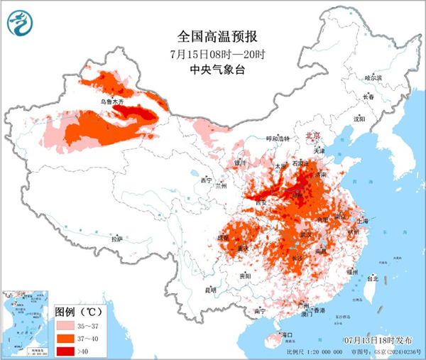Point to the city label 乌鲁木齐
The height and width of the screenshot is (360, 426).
point(111,102)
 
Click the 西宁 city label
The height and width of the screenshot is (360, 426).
point(207,181)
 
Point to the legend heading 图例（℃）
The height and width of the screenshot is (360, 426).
point(80,311)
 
